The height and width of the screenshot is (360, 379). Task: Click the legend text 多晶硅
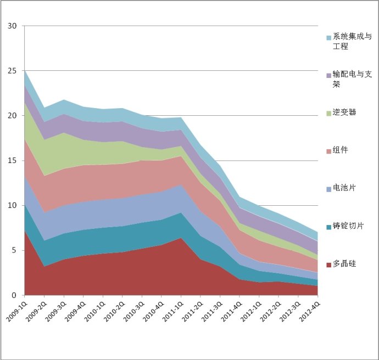click(x=344, y=264)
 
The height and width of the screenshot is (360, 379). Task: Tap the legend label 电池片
click(x=344, y=188)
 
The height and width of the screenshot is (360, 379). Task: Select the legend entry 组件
click(x=341, y=150)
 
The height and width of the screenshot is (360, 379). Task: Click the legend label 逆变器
click(x=344, y=112)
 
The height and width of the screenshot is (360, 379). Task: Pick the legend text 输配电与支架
click(x=352, y=79)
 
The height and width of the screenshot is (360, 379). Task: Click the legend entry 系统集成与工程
click(x=352, y=42)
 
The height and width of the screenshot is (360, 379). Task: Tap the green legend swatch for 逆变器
click(x=329, y=113)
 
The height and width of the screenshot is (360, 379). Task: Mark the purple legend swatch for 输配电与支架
click(x=329, y=75)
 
